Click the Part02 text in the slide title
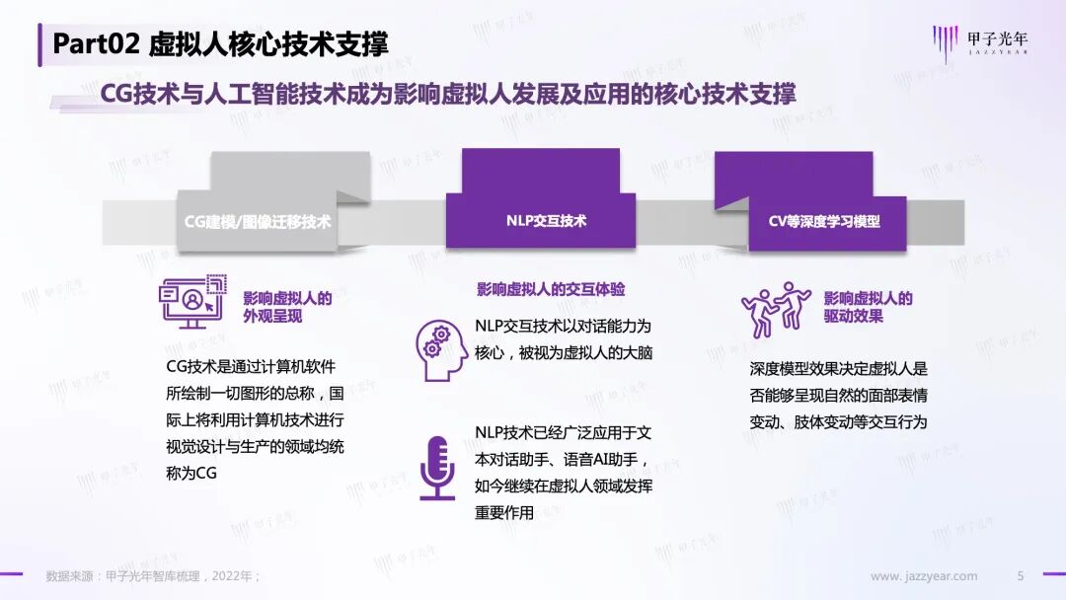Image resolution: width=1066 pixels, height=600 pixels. tap(96, 43)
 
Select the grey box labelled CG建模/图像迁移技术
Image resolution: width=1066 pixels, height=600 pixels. tap(258, 221)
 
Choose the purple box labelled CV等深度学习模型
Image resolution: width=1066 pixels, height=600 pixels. tap(823, 221)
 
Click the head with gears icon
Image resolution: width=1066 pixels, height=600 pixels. tap(440, 350)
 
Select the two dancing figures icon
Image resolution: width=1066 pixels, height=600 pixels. tap(775, 307)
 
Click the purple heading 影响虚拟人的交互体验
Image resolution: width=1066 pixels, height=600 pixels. tap(551, 289)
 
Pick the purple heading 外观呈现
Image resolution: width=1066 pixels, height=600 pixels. tap(272, 317)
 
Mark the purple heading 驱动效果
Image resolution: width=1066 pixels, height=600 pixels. tap(853, 317)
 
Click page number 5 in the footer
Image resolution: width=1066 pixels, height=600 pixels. tap(1021, 576)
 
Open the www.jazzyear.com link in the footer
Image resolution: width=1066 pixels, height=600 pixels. tap(924, 576)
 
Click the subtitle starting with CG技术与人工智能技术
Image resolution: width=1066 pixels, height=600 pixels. tap(448, 94)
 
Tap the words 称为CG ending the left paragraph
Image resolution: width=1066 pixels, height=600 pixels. tap(191, 473)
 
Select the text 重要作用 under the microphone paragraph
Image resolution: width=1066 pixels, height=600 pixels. tap(503, 512)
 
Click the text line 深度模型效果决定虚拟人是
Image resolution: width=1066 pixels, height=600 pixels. tap(839, 369)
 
